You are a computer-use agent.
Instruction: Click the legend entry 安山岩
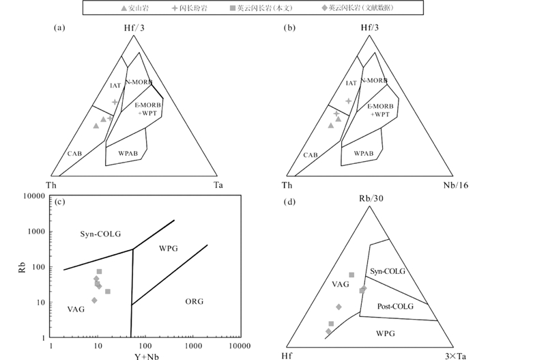(x=134, y=8)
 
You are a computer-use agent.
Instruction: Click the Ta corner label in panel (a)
(x=218, y=185)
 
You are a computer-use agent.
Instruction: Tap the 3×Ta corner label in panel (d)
(x=449, y=354)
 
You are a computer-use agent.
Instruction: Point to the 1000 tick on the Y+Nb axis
(x=192, y=346)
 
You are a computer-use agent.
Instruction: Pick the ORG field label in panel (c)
(x=195, y=301)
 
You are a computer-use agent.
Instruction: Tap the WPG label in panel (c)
(x=168, y=248)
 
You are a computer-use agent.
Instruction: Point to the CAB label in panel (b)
(x=311, y=155)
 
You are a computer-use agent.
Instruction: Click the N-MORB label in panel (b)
(x=374, y=81)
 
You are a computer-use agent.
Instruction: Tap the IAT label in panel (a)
(x=115, y=85)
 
